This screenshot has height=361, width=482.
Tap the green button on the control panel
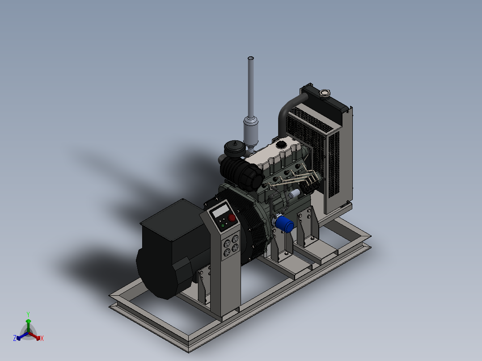[x=223, y=226]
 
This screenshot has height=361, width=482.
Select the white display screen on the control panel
[x=221, y=211]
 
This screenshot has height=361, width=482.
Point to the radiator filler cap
[x=324, y=93]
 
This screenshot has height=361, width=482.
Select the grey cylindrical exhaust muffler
[x=251, y=129]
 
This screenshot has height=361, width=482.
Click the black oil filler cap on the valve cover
[x=281, y=145]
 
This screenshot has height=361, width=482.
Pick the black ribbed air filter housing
[x=241, y=174]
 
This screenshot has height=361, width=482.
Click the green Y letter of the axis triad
[x=28, y=314]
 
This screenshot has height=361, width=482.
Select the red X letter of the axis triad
[x=42, y=339]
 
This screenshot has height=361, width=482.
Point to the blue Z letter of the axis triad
[x=15, y=339]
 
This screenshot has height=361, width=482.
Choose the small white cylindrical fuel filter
[x=295, y=194]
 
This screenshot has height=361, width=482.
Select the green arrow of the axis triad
[x=28, y=323]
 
